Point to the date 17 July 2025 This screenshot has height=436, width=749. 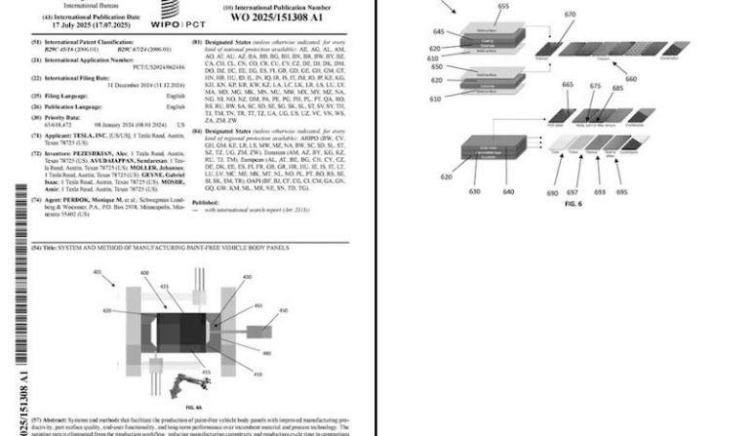(x=85, y=22)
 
